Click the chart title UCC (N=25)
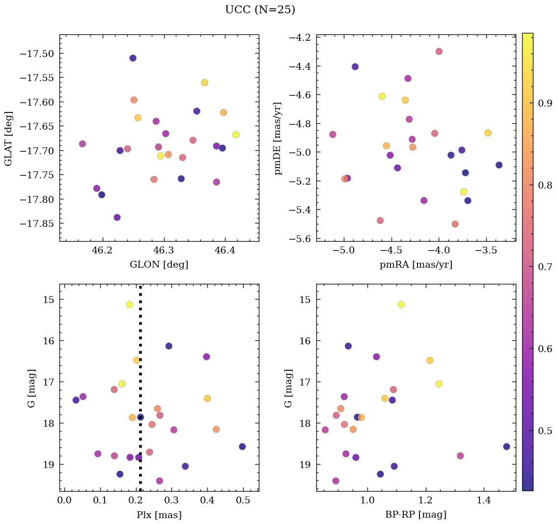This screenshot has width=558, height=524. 260,10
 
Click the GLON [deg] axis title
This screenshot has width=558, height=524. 159,265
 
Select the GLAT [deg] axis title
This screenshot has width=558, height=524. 8,138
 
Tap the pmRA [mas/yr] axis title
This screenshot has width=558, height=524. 416,265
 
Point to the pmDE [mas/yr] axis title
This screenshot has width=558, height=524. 278,138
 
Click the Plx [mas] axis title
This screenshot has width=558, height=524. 159,515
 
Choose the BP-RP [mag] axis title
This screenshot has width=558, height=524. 416,515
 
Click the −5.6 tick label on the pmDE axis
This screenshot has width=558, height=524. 300,239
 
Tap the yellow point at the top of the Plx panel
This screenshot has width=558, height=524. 129,304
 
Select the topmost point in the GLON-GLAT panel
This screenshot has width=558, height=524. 133,58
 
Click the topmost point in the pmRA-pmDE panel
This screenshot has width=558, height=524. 439,52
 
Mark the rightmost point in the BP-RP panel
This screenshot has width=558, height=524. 506,446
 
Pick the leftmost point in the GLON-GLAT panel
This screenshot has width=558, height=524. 82,144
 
